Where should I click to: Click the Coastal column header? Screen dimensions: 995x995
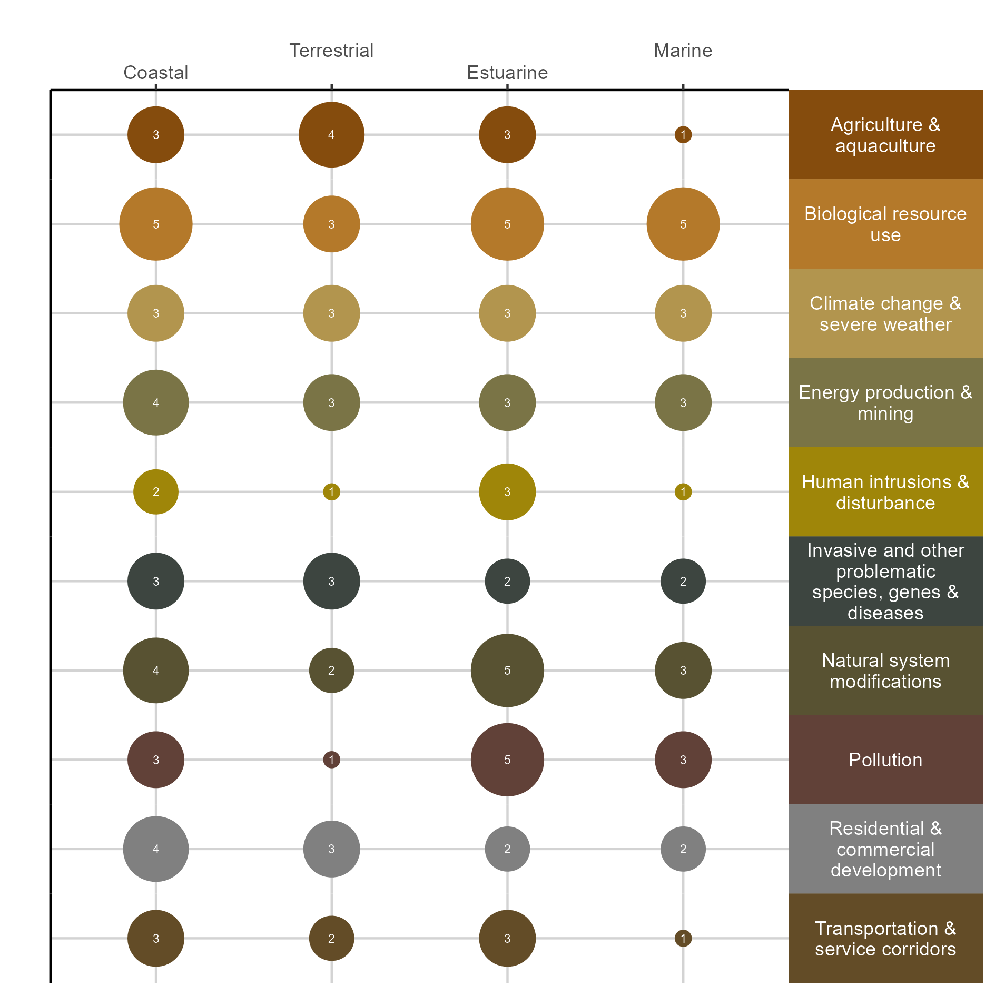coord(155,73)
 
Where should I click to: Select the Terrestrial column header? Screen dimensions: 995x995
coord(331,51)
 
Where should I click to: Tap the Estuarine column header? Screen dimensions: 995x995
coord(507,73)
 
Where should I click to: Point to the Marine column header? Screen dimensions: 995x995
coord(683,51)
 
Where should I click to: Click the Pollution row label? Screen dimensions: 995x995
coord(885,760)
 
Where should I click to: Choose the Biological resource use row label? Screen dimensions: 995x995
coord(885,224)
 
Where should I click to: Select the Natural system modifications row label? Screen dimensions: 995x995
coord(885,671)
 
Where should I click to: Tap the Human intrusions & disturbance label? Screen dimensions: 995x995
coord(885,492)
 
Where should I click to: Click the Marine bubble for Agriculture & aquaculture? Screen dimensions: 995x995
coord(683,135)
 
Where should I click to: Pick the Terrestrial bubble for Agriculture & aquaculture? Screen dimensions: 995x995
coord(331,135)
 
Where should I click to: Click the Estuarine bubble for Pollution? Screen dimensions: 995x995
coord(507,760)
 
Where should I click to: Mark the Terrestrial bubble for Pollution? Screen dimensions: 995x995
coord(331,760)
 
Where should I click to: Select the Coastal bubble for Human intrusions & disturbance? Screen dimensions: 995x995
coord(156,492)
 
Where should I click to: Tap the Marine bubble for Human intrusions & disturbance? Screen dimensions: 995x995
coord(683,492)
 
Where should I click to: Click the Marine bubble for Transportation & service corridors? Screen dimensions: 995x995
coord(683,938)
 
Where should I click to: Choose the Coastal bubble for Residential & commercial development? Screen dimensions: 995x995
coord(156,849)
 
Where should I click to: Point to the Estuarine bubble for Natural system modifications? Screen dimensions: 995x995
coord(507,671)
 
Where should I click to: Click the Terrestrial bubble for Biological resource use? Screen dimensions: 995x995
coord(331,224)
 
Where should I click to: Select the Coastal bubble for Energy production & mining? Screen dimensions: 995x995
coord(156,402)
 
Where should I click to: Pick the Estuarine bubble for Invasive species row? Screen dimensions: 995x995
coord(507,581)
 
